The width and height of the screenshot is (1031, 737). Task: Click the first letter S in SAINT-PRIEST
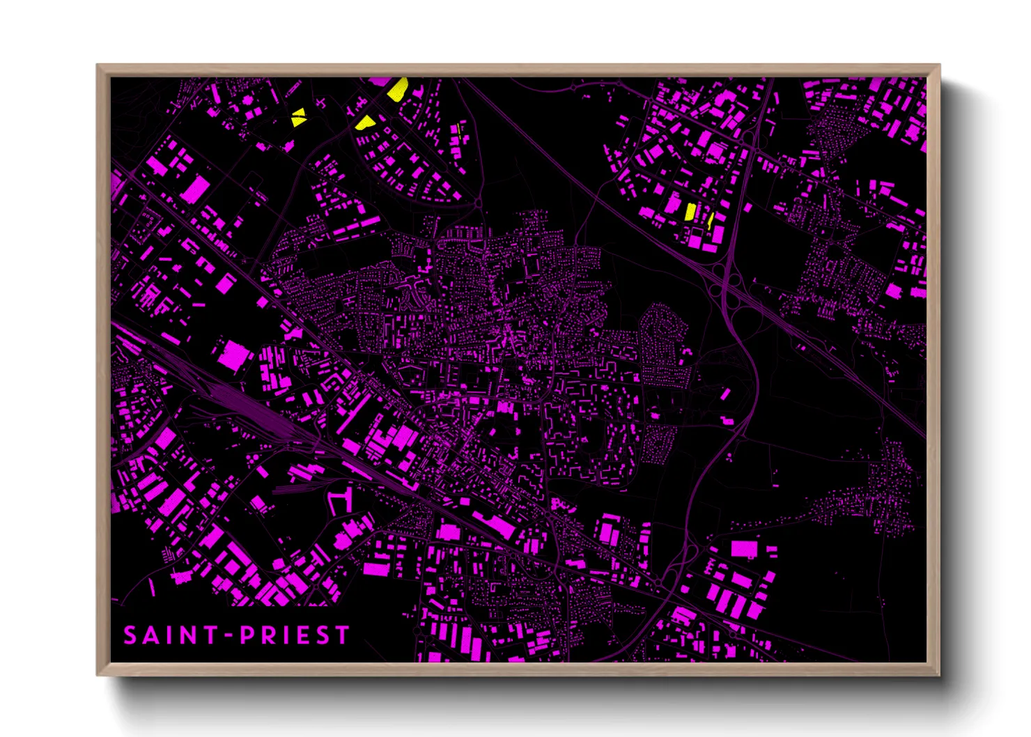pos(130,635)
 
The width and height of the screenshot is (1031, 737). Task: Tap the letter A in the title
pos(153,635)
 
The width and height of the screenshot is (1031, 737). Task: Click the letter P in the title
pos(247,635)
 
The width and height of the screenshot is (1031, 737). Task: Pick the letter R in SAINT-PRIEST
pos(270,635)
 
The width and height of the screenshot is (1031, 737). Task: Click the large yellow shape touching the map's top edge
pos(397,89)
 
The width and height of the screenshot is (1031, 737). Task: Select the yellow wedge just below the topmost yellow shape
pos(365,123)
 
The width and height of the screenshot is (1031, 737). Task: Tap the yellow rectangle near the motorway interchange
pos(690,212)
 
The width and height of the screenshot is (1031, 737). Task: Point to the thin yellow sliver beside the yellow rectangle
pos(710,222)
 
